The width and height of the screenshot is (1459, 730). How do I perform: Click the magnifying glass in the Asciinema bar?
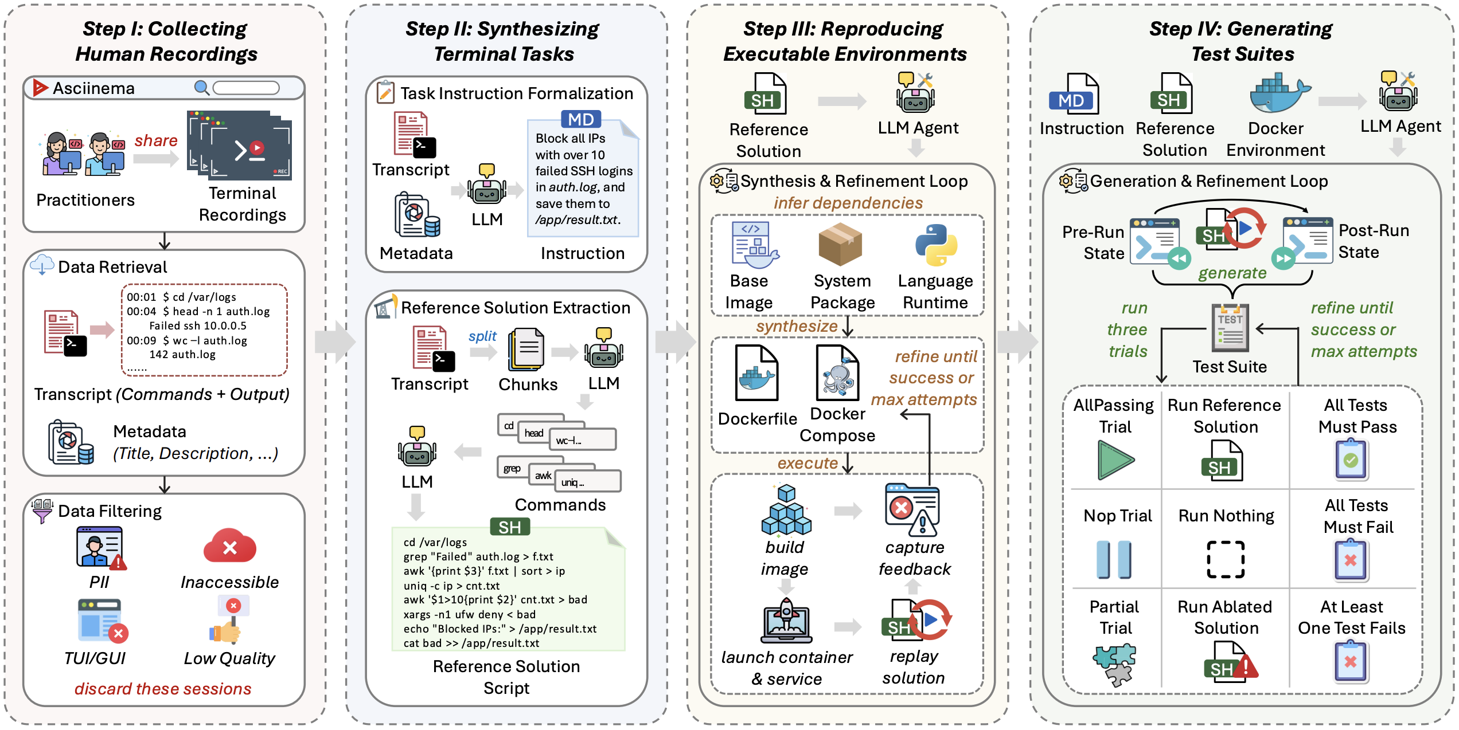pyautogui.click(x=201, y=87)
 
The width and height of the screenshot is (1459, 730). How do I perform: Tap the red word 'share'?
pyautogui.click(x=156, y=140)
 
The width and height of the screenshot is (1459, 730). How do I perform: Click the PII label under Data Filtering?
pyautogui.click(x=99, y=582)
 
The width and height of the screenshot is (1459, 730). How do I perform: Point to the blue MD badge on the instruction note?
pyautogui.click(x=581, y=119)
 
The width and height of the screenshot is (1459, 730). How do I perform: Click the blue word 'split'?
pyautogui.click(x=482, y=336)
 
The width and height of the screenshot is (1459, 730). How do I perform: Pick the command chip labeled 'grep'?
pyautogui.click(x=512, y=468)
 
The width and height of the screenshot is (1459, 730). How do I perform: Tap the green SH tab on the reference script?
pyautogui.click(x=510, y=527)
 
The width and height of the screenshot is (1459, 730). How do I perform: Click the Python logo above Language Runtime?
pyautogui.click(x=936, y=245)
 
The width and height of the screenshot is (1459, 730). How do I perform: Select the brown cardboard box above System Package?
pyautogui.click(x=840, y=244)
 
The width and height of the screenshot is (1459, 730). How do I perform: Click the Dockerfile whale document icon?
pyautogui.click(x=757, y=372)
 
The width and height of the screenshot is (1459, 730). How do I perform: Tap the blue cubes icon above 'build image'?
pyautogui.click(x=786, y=510)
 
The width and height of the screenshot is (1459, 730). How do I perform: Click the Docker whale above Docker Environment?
pyautogui.click(x=1279, y=93)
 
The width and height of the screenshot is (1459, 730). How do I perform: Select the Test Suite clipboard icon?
pyautogui.click(x=1230, y=328)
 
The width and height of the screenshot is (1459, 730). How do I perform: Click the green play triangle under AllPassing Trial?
pyautogui.click(x=1115, y=460)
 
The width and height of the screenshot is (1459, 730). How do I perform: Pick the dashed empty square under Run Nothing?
pyautogui.click(x=1226, y=559)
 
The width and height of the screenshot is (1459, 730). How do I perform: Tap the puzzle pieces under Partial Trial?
pyautogui.click(x=1115, y=665)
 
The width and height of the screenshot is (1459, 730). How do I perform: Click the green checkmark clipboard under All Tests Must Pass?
pyautogui.click(x=1352, y=459)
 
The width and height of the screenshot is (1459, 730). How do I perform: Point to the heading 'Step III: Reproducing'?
pyautogui.click(x=843, y=29)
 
